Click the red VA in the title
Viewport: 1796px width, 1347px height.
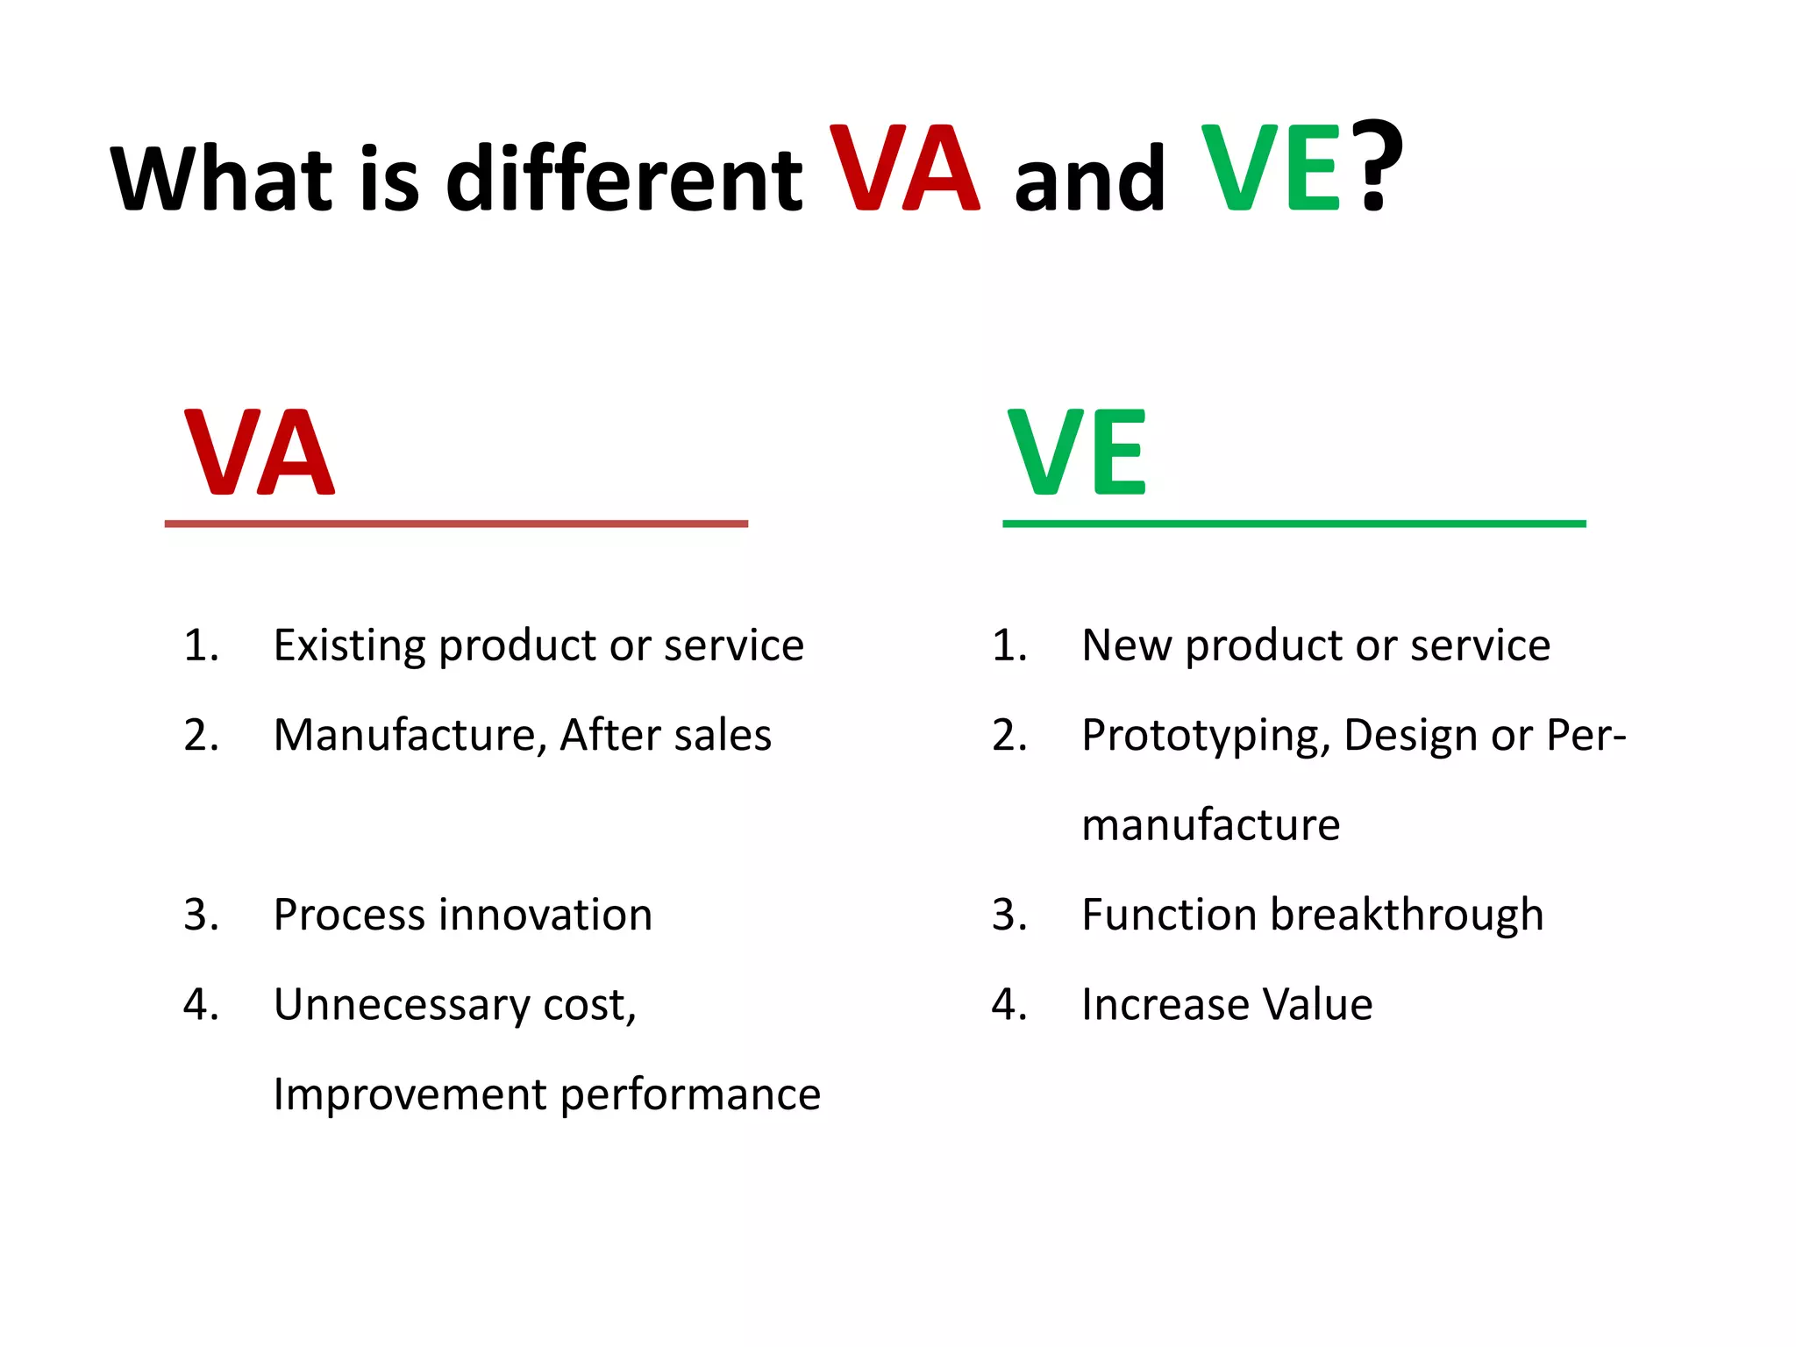904,168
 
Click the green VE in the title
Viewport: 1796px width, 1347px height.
1270,168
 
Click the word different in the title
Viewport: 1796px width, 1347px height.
624,178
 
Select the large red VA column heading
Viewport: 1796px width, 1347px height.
259,453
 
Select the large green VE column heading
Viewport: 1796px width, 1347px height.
1076,453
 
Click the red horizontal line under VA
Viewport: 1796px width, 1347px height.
456,524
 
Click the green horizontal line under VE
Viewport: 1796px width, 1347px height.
1294,524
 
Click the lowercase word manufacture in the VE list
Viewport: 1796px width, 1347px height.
1210,825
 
